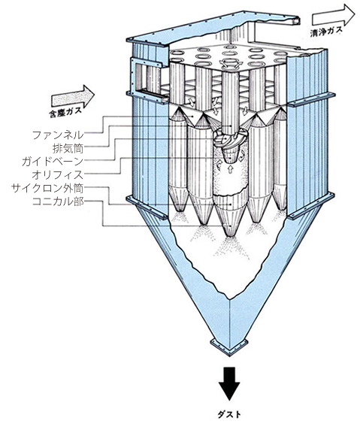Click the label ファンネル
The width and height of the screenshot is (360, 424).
(58, 135)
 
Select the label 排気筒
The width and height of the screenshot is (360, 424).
(68, 148)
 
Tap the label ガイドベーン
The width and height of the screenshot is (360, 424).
(53, 162)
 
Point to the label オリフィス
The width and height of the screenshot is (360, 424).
(58, 174)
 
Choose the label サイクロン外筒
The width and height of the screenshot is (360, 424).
(47, 188)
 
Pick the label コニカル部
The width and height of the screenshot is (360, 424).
(58, 201)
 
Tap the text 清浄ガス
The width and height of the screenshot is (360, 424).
(326, 31)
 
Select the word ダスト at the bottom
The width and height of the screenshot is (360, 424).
(229, 414)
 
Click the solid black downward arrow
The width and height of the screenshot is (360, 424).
(229, 383)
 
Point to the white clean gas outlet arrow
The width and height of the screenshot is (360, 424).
(334, 16)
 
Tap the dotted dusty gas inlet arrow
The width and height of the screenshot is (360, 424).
(73, 96)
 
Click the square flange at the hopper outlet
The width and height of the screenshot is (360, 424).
(229, 347)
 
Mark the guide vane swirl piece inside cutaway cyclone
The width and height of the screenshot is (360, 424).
(227, 140)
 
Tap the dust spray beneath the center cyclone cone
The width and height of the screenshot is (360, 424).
(230, 247)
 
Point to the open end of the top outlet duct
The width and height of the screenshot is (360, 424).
(297, 20)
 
